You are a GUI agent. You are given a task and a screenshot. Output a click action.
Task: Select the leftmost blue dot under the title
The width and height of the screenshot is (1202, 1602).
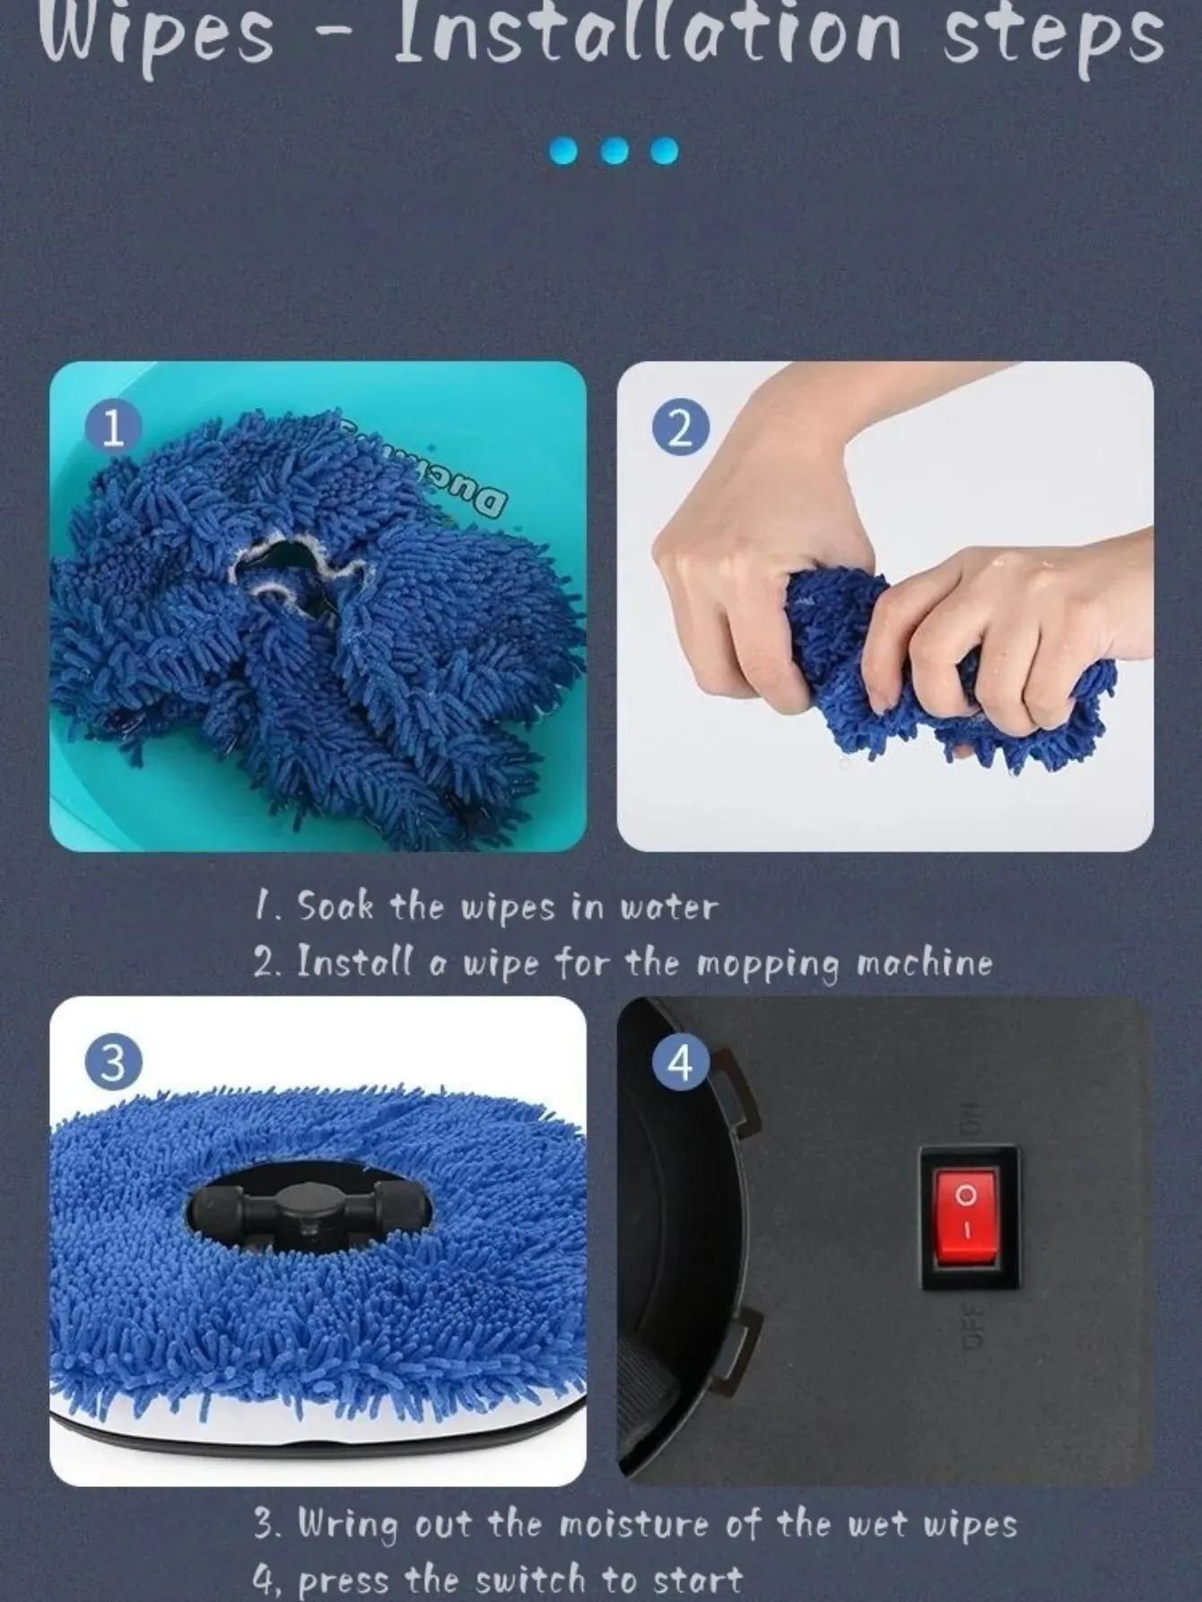pyautogui.click(x=563, y=150)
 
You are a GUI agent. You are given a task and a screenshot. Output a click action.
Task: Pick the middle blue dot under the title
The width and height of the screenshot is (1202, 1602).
pyautogui.click(x=614, y=150)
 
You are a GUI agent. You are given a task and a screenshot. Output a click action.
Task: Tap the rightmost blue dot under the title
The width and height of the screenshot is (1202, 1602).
pyautogui.click(x=665, y=150)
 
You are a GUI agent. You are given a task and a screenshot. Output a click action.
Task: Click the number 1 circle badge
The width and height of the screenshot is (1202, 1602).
pyautogui.click(x=113, y=429)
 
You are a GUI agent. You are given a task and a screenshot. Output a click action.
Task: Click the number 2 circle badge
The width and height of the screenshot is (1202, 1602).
pyautogui.click(x=681, y=429)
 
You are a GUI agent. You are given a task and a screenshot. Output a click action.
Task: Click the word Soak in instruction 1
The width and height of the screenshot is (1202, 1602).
pyautogui.click(x=335, y=906)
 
